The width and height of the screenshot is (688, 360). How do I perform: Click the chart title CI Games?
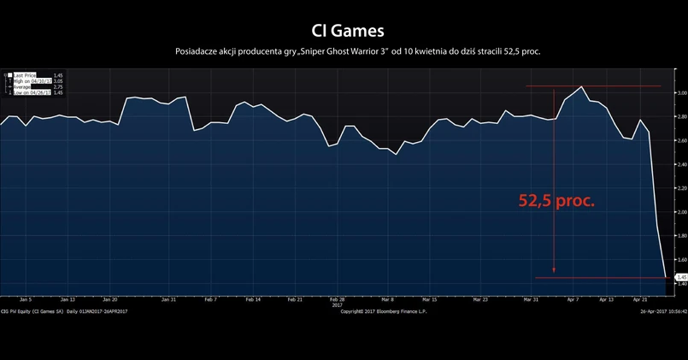point(344,31)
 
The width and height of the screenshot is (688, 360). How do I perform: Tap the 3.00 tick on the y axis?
point(681,92)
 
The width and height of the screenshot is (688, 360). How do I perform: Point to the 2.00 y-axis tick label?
point(681,211)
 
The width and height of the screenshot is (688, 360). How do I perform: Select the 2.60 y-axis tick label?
point(681,140)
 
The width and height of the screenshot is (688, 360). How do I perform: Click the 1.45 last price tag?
point(681,277)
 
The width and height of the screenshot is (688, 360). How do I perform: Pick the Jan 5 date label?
point(26,300)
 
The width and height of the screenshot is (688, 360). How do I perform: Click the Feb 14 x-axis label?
point(252,300)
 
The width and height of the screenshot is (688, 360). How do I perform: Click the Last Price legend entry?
point(26,75)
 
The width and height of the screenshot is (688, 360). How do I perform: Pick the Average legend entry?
point(26,87)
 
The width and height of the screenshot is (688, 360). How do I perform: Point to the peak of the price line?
point(582,86)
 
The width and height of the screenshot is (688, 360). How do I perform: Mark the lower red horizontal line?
point(598,278)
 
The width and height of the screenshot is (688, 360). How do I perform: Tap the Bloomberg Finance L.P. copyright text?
point(383,311)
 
